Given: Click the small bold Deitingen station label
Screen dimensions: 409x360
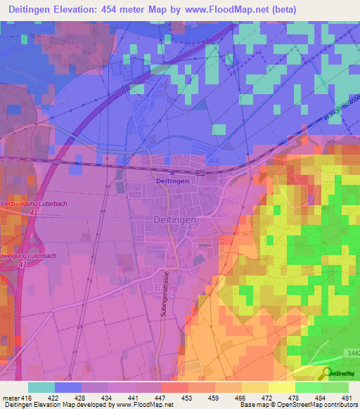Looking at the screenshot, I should [173, 181].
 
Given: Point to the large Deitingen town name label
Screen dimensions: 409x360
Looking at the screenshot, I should [175, 219].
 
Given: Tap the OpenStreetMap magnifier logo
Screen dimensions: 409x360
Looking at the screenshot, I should [327, 373].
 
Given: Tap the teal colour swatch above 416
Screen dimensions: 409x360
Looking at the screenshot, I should [41, 387].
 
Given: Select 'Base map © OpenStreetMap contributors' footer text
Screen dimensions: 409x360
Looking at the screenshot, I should [296, 405].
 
